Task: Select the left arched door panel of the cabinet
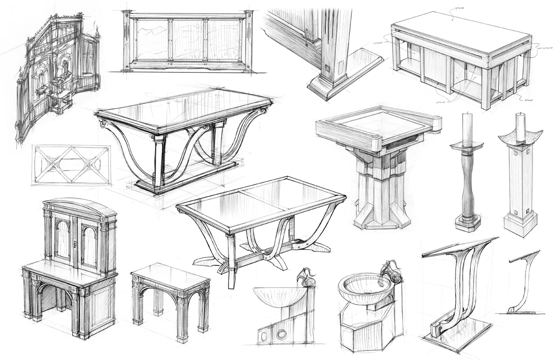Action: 62,240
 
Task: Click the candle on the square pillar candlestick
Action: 521,127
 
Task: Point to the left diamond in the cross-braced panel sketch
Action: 52,165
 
